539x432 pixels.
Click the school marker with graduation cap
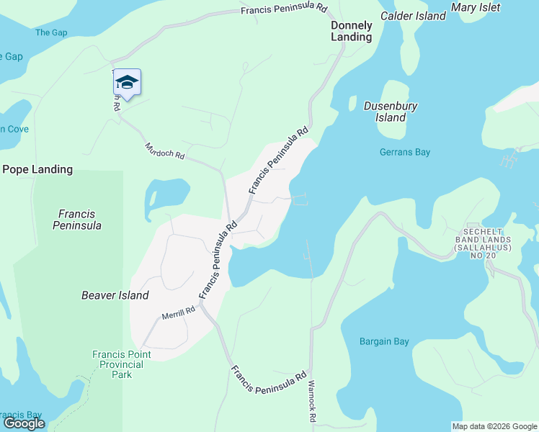(127, 83)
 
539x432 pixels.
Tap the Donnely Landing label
(351, 31)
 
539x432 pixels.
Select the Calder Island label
(413, 16)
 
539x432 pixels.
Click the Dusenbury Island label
(391, 112)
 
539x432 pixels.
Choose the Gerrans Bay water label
(405, 152)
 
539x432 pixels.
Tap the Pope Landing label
(37, 170)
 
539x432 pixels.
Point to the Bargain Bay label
(384, 341)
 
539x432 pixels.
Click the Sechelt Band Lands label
(483, 243)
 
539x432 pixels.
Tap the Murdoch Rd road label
(164, 150)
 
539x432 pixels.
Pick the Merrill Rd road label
(179, 312)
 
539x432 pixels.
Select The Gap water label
(51, 32)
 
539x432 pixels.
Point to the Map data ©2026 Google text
(494, 426)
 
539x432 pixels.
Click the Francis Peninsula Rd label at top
(284, 10)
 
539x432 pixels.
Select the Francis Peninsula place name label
(78, 220)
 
